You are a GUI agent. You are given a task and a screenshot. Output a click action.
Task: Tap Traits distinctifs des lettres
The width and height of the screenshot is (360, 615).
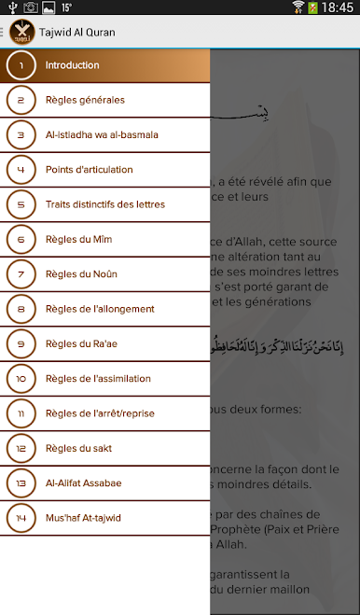[104, 204]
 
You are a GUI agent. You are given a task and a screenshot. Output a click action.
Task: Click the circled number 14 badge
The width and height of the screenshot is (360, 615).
[21, 518]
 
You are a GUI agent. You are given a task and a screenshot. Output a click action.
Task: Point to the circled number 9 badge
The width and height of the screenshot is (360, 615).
[21, 343]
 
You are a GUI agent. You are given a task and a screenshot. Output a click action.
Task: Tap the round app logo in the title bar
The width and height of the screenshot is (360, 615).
[20, 33]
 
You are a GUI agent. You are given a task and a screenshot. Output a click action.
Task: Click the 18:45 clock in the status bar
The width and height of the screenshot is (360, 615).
[339, 7]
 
